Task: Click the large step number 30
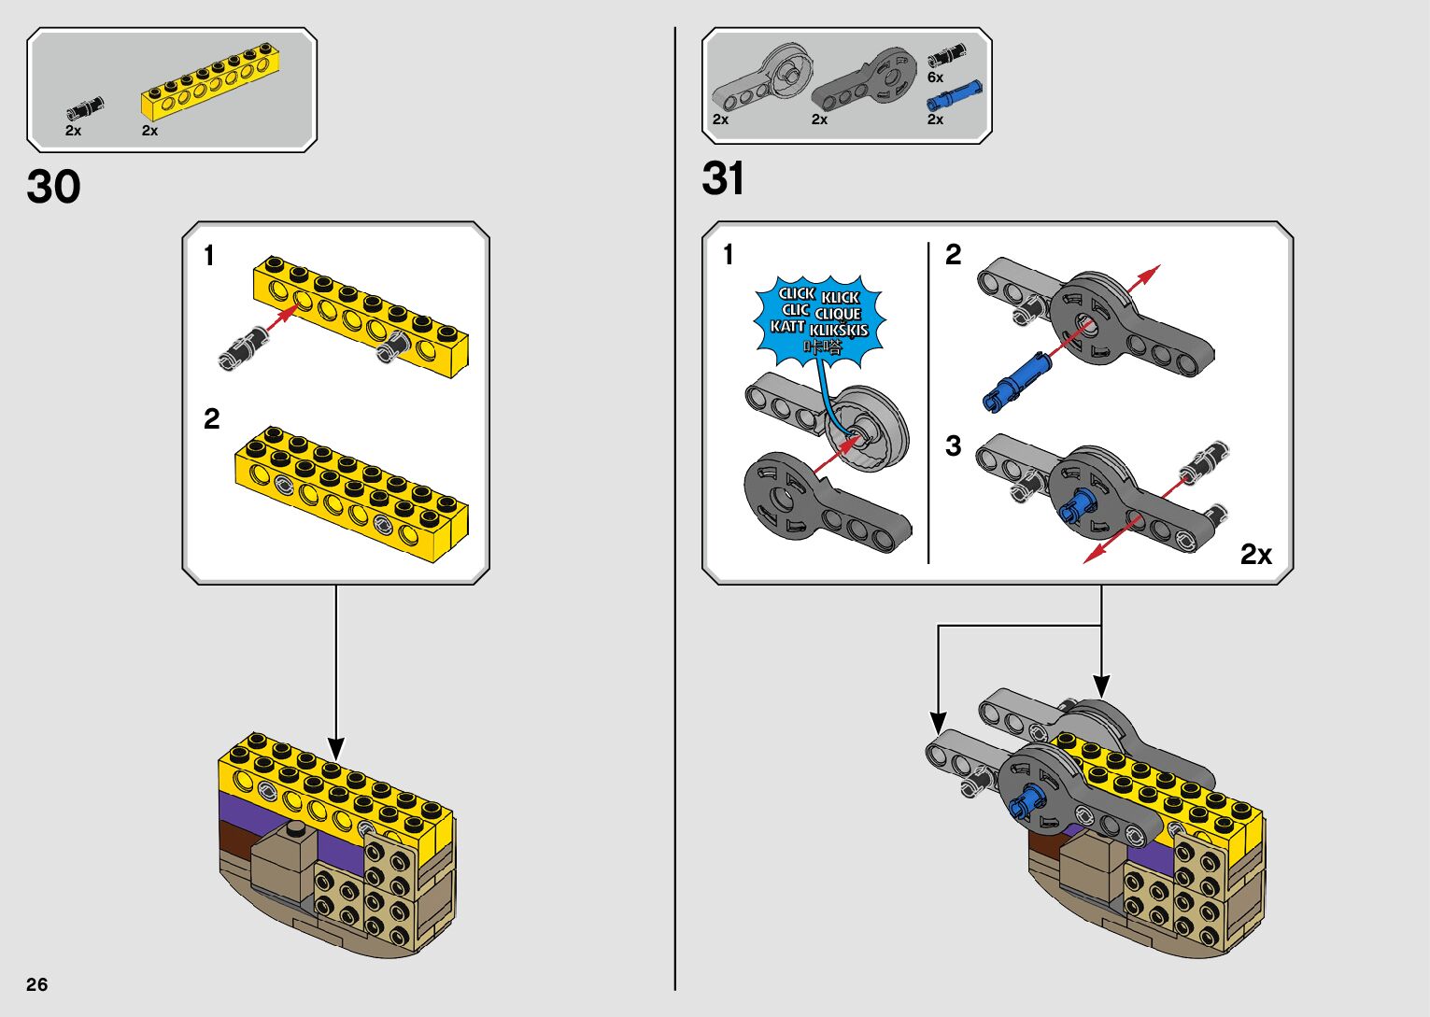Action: pyautogui.click(x=54, y=187)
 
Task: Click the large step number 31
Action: pyautogui.click(x=723, y=178)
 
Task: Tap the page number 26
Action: pyautogui.click(x=37, y=984)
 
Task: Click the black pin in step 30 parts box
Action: pyautogui.click(x=85, y=109)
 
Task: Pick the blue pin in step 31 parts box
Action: pyautogui.click(x=954, y=95)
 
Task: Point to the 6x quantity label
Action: pyautogui.click(x=935, y=78)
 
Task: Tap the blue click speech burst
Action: pyautogui.click(x=819, y=319)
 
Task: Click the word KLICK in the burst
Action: pyautogui.click(x=840, y=297)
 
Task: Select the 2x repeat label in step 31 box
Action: pyautogui.click(x=1255, y=555)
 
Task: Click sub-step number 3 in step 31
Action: pyautogui.click(x=953, y=445)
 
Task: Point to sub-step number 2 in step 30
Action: pyautogui.click(x=212, y=418)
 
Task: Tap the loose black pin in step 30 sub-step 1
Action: pyautogui.click(x=242, y=346)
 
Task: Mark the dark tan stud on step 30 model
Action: pyautogui.click(x=297, y=829)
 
